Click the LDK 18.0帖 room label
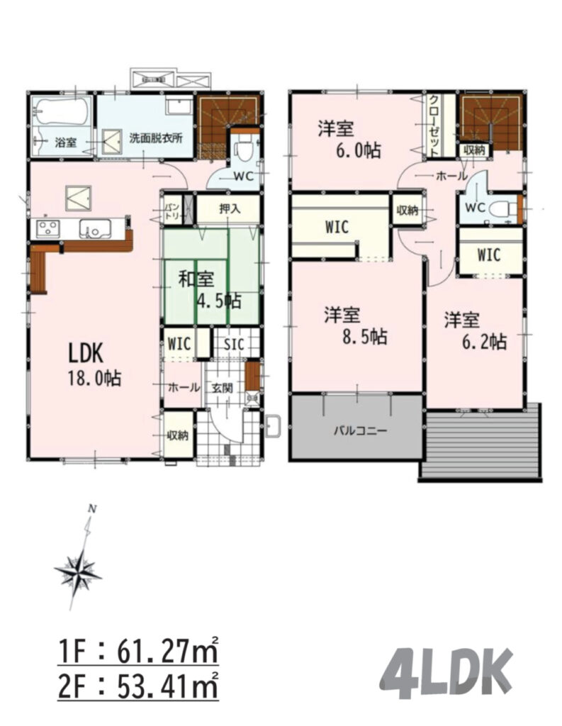point(94,366)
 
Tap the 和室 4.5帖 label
point(210,291)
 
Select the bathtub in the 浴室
point(62,112)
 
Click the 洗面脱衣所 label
point(155,138)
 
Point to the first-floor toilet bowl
point(244,150)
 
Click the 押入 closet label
point(230,208)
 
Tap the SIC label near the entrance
point(234,345)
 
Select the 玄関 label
point(223,388)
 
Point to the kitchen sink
point(96,229)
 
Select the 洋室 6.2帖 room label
point(476,330)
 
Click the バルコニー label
point(360,431)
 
